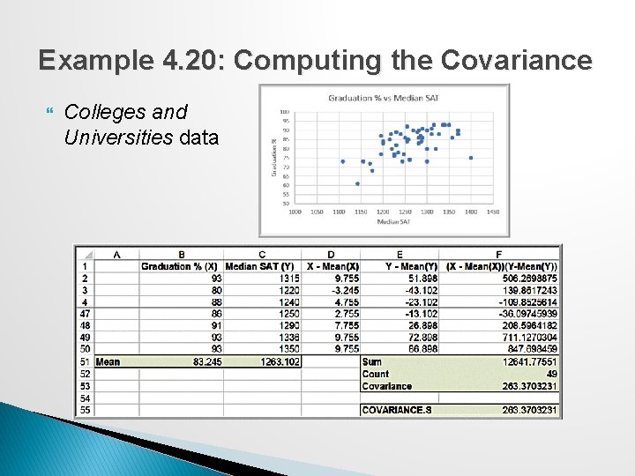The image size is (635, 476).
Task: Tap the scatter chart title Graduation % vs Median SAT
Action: pos(385,97)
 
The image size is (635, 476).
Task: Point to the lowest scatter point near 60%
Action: pos(357,183)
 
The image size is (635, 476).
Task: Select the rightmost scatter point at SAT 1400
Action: pos(471,158)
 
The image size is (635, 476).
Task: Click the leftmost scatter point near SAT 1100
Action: pos(343,161)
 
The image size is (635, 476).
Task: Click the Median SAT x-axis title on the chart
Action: pos(393,222)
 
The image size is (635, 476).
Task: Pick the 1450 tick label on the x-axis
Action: pos(492,212)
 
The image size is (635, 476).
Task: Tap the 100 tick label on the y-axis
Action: pos(286,112)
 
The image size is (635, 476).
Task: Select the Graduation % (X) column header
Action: pos(181,266)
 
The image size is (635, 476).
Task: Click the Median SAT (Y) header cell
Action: pos(262,266)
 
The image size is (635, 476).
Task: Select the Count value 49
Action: pos(550,374)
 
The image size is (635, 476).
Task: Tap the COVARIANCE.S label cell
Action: pos(394,410)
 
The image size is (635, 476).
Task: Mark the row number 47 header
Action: pos(85,314)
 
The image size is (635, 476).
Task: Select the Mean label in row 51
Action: pos(108,361)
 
